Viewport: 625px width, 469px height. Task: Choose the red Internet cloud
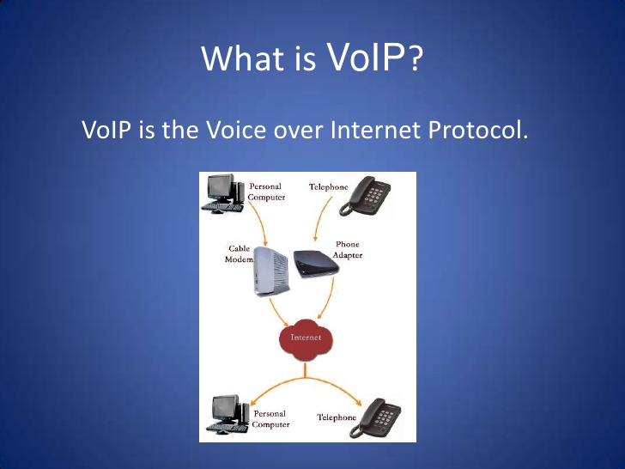(306, 338)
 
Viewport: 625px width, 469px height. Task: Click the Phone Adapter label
(348, 250)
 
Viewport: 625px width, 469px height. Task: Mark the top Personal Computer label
(266, 192)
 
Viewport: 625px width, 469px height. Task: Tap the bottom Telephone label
(337, 417)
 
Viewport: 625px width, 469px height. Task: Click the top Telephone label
(328, 187)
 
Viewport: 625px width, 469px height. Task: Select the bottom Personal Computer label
(270, 419)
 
